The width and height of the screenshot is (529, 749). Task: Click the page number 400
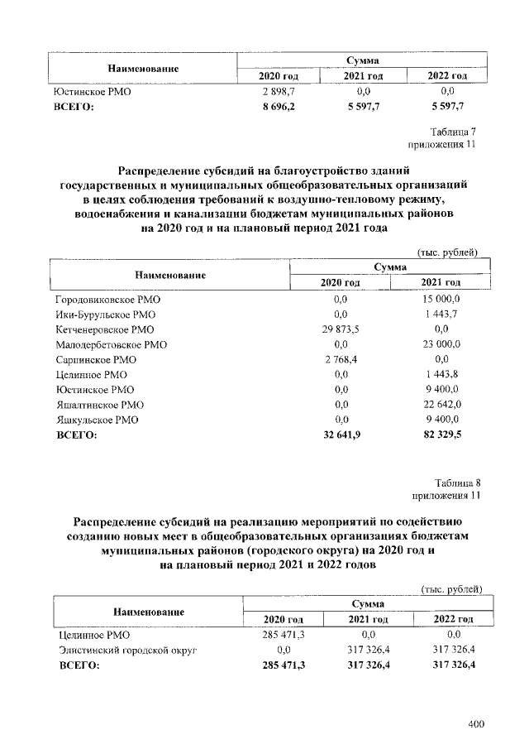click(x=475, y=725)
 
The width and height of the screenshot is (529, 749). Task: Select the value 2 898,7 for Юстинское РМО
click(x=279, y=91)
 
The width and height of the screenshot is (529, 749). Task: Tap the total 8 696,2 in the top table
click(x=279, y=106)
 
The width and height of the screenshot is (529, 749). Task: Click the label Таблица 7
click(x=453, y=132)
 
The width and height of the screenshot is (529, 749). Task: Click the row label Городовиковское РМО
click(x=108, y=300)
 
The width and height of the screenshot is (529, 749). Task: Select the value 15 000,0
click(x=441, y=300)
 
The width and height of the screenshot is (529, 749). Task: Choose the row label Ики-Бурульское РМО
click(x=104, y=314)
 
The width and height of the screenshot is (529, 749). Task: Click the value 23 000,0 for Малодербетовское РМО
click(x=441, y=344)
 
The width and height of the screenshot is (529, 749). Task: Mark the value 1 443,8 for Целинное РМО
click(x=441, y=374)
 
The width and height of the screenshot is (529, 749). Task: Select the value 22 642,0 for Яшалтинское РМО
click(x=441, y=404)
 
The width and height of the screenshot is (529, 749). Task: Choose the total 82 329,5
click(x=441, y=434)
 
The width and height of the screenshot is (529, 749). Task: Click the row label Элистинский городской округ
click(x=128, y=650)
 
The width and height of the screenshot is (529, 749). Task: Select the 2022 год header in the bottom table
click(x=453, y=619)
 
